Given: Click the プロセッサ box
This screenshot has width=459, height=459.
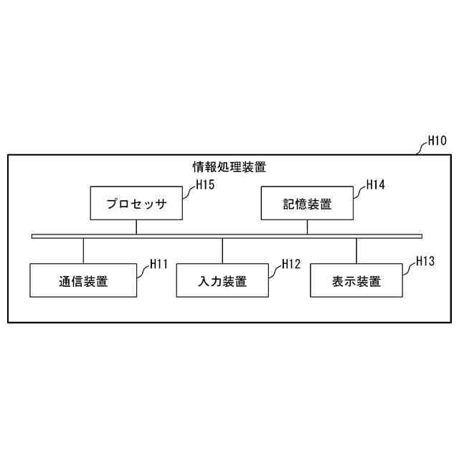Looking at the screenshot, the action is click(x=136, y=204).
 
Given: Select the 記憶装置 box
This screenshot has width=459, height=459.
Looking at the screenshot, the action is click(x=307, y=204).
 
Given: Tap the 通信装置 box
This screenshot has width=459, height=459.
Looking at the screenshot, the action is click(x=83, y=280).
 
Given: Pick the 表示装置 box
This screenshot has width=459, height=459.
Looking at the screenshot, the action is click(x=356, y=280).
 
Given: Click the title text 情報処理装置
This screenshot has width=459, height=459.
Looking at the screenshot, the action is click(x=229, y=168).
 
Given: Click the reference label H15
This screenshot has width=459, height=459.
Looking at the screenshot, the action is click(x=206, y=185).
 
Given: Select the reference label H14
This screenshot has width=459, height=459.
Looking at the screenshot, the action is click(x=375, y=185).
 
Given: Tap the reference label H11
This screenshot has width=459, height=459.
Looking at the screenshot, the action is click(x=158, y=264).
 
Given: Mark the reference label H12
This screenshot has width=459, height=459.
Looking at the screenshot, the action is click(x=290, y=264).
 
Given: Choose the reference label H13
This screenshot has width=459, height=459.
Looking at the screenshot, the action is click(x=425, y=262).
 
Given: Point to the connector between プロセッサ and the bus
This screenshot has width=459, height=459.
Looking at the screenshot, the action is click(x=136, y=227).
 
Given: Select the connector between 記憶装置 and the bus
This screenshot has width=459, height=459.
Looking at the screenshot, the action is click(x=307, y=227).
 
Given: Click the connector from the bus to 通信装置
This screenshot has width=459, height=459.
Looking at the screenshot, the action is click(x=83, y=251).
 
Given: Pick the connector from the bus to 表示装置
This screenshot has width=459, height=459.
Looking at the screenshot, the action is click(x=356, y=251).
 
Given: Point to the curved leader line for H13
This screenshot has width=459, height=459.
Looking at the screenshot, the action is click(x=408, y=269).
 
